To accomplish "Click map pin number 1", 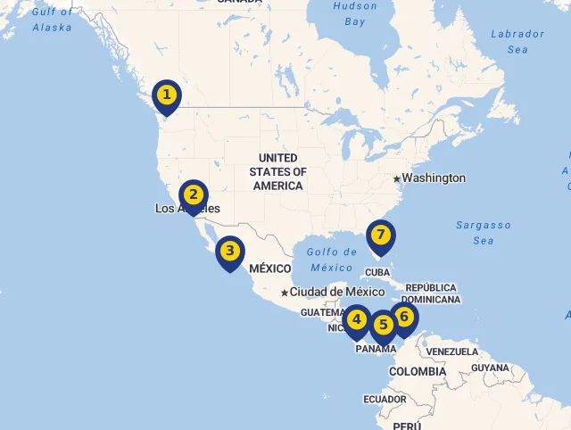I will [166, 95].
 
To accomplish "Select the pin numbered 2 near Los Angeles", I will [193, 194].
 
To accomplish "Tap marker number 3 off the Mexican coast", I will [229, 252].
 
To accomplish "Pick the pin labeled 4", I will [357, 319].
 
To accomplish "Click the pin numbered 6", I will [403, 317].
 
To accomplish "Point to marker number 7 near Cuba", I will [380, 236].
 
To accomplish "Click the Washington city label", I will [434, 178].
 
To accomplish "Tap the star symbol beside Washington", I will [396, 178].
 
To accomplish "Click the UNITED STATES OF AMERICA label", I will [277, 172].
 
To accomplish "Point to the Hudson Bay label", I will [354, 12].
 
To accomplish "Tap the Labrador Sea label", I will [517, 41].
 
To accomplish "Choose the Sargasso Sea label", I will [484, 233].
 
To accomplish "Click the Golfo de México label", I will [331, 260].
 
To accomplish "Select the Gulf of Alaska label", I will [53, 19].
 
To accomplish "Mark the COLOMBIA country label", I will [418, 371].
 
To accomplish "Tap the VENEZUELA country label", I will [451, 351].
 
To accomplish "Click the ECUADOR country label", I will [385, 400].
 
